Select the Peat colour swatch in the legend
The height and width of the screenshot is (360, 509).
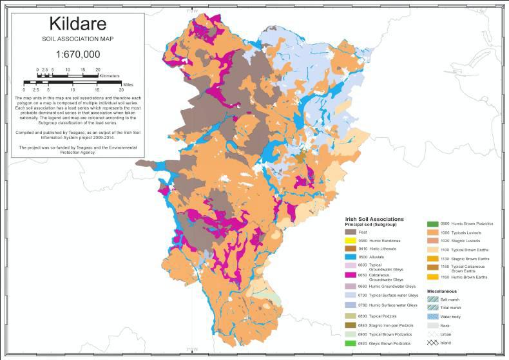(x=351, y=231)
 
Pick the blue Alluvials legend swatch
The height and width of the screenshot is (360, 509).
(x=351, y=256)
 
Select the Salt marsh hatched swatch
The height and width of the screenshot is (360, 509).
(x=432, y=301)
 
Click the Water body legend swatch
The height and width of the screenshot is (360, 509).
(x=432, y=317)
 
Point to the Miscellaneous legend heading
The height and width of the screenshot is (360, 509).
(x=445, y=292)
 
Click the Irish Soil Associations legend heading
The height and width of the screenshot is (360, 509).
(x=374, y=219)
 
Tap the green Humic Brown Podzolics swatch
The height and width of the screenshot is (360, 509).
(x=432, y=223)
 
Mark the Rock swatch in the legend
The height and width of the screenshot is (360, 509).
(x=432, y=327)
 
